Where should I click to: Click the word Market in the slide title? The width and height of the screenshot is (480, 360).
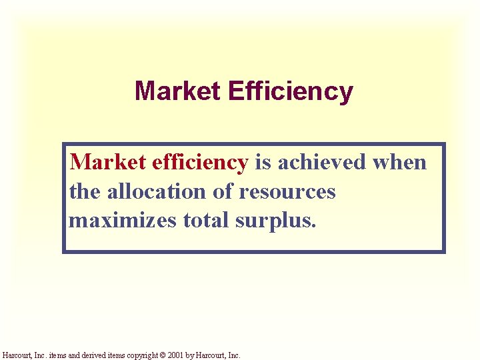point(178,91)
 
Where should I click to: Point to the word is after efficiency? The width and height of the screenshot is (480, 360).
point(262,162)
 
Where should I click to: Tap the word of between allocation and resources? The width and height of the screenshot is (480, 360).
point(222,192)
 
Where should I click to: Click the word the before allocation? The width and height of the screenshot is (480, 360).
point(85,192)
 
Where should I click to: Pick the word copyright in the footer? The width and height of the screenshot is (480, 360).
point(143,355)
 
